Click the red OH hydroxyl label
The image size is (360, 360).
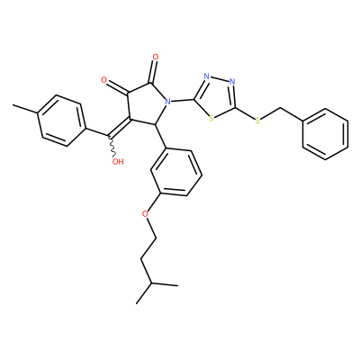(118, 162)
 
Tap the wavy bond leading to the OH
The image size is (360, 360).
(112, 147)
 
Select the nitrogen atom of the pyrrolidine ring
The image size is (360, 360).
(167, 102)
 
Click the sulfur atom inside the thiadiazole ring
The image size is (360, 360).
(211, 118)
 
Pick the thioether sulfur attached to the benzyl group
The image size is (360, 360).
(257, 121)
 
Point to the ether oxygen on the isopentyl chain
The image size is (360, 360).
(146, 214)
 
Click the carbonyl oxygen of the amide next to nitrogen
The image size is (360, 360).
(155, 57)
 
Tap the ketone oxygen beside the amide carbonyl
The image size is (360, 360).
(104, 80)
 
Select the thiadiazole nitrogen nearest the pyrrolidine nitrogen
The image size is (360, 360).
(207, 76)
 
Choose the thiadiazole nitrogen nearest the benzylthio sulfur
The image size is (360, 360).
(231, 82)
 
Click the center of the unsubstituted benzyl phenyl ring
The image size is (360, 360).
(326, 134)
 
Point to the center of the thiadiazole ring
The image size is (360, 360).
(216, 97)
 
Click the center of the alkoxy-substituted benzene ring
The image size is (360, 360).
(176, 172)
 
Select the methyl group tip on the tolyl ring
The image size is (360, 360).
(13, 105)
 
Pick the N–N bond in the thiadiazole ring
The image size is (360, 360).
(220, 79)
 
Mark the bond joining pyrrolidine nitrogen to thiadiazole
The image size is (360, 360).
(183, 100)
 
